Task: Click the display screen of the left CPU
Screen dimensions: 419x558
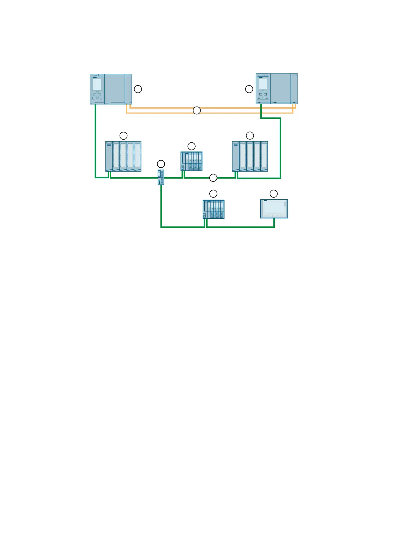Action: click(97, 84)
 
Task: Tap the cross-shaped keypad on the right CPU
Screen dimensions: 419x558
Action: click(263, 95)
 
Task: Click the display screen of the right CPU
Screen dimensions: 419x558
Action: click(263, 84)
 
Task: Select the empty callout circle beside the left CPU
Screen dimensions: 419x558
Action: click(138, 89)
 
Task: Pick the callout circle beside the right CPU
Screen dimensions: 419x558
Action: click(249, 89)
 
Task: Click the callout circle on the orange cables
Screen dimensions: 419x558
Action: click(197, 110)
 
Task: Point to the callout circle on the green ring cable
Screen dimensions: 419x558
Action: click(213, 178)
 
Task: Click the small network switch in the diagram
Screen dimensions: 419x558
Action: click(161, 177)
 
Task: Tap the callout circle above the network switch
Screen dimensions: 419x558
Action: click(161, 163)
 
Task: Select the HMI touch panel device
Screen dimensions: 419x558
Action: click(274, 209)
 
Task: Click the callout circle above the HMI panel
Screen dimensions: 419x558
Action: click(273, 193)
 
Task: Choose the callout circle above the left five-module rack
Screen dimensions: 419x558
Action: click(123, 135)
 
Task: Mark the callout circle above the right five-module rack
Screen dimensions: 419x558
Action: click(250, 135)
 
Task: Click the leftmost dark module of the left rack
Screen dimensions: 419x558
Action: click(109, 156)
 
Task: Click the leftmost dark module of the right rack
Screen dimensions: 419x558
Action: click(235, 156)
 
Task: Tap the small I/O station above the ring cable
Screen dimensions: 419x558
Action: click(191, 161)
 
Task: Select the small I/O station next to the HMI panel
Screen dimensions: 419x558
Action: click(214, 209)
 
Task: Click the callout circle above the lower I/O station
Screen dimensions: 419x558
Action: click(213, 193)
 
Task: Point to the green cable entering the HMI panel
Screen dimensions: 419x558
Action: click(274, 223)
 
